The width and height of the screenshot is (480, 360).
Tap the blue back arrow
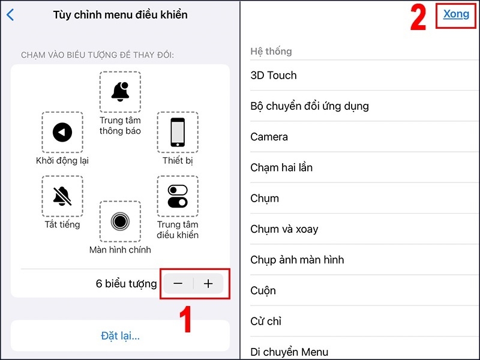(x=10, y=14)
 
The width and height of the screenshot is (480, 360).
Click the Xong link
(x=456, y=14)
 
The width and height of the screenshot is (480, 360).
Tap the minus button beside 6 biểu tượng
(x=178, y=284)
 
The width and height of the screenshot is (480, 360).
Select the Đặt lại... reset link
(x=121, y=336)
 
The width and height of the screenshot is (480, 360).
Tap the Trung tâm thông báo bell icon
(x=120, y=92)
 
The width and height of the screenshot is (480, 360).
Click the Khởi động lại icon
(x=62, y=132)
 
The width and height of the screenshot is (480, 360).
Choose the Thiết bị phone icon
(x=178, y=132)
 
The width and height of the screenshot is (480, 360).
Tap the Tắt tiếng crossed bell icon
(x=62, y=196)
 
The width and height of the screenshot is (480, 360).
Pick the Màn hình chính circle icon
(x=120, y=221)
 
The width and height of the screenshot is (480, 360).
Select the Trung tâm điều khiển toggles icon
(x=178, y=196)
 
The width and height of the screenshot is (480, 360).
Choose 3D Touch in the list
(x=274, y=76)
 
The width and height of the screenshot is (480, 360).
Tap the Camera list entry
(x=269, y=137)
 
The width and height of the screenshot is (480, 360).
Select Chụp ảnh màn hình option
(x=297, y=260)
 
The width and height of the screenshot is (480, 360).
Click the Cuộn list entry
(x=263, y=290)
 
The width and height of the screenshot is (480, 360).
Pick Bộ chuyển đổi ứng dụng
(x=310, y=106)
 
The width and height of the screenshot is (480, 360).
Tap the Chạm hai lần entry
(x=281, y=168)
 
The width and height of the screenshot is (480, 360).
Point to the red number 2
(x=418, y=18)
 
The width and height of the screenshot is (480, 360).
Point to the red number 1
(x=185, y=319)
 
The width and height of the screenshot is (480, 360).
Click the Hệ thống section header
(x=271, y=51)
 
